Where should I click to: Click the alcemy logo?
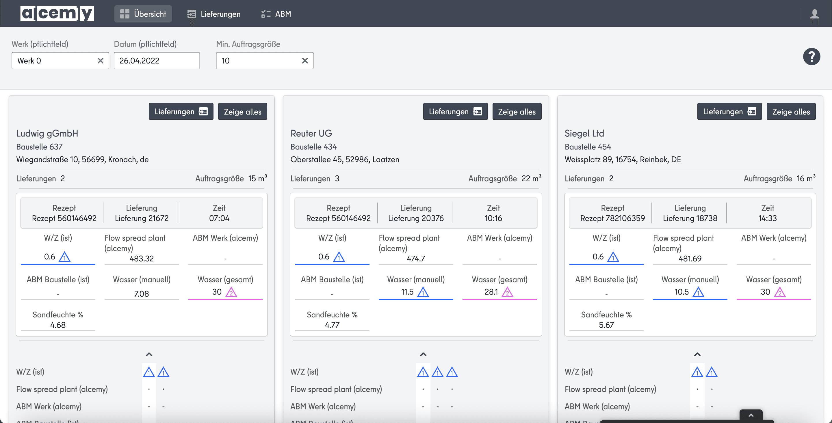coord(57,14)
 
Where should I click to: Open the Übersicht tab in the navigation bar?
coord(143,14)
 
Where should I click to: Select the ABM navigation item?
coord(276,14)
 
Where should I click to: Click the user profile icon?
coord(815,14)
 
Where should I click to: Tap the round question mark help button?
coord(811,57)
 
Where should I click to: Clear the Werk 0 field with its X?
coord(101,61)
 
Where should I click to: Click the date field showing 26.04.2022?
coord(157,61)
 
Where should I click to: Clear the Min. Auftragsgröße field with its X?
coord(305,61)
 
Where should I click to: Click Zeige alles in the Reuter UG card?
coord(517,112)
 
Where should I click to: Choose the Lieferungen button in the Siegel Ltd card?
coord(729,112)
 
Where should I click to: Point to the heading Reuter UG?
coord(311,133)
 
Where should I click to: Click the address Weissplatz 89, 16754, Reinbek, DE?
coord(623,159)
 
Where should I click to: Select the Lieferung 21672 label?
coord(142,218)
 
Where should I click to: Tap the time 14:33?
coord(767,218)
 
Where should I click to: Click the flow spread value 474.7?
coord(416,259)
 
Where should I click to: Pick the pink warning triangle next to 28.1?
coord(507,292)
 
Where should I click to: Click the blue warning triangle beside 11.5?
coord(423,292)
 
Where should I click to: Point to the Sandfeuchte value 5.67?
coord(606,325)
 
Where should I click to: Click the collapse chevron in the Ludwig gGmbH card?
coord(149,354)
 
